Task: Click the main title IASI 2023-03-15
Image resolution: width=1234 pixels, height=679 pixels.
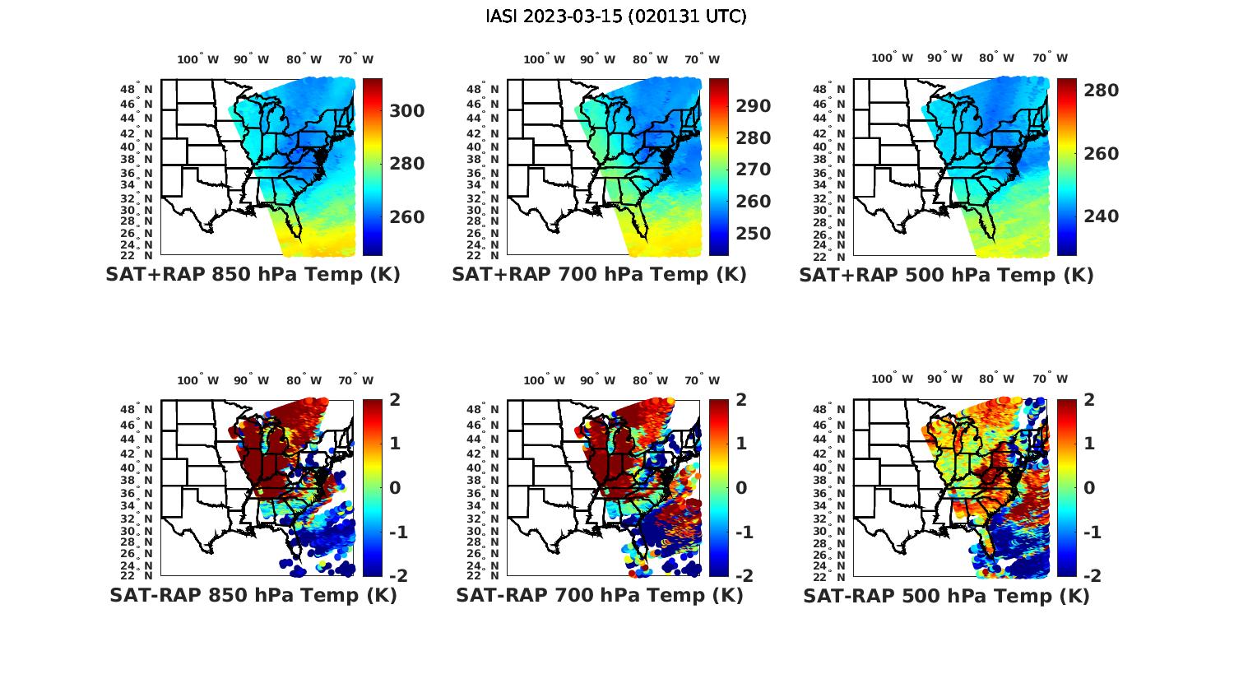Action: [616, 16]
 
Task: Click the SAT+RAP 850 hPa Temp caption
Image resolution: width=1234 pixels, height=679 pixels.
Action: [253, 275]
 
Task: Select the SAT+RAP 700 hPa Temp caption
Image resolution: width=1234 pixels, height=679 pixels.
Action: [599, 275]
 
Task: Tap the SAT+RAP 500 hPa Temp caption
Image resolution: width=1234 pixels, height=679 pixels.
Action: [946, 275]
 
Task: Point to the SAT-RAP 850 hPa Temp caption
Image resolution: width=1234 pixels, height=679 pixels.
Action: [253, 596]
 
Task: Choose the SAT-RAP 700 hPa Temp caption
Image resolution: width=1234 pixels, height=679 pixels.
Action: [599, 596]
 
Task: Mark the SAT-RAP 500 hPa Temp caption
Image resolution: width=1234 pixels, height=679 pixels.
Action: [946, 596]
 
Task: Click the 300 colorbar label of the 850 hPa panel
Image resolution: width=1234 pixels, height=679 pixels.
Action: [406, 111]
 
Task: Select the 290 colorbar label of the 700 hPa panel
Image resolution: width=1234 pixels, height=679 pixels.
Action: [753, 106]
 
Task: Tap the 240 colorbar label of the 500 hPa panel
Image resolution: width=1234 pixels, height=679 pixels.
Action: [1101, 216]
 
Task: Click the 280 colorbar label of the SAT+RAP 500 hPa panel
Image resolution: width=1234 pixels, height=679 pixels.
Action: [1101, 91]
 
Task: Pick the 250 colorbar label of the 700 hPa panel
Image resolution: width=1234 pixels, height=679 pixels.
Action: [753, 234]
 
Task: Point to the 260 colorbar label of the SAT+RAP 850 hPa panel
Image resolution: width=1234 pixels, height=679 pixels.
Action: [406, 217]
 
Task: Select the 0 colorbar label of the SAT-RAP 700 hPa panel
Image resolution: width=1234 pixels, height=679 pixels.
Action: [745, 487]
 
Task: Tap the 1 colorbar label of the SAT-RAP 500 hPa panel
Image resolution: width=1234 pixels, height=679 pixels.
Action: [1089, 444]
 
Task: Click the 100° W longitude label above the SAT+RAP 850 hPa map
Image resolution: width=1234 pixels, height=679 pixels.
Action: [198, 59]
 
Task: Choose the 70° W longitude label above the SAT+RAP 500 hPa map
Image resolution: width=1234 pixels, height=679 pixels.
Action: [1049, 58]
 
